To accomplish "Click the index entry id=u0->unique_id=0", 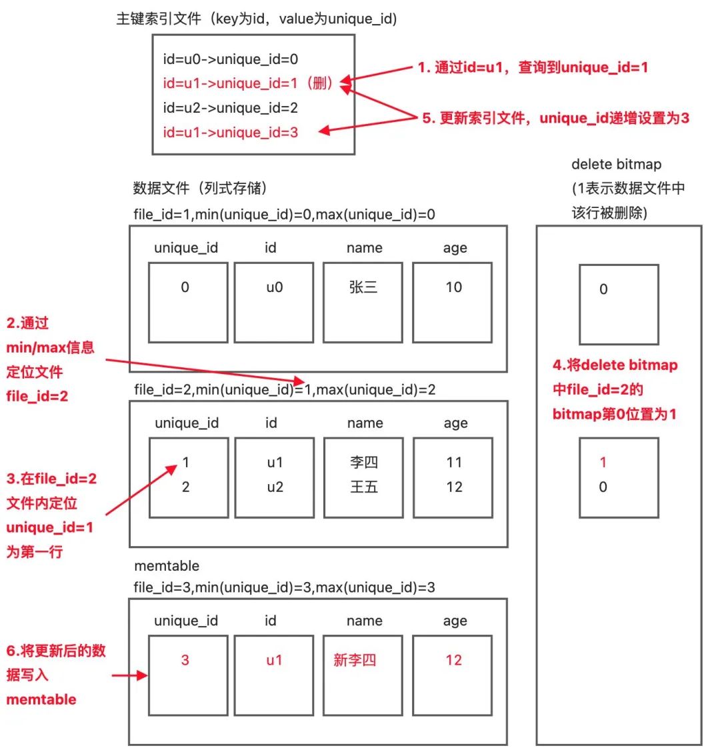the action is coord(230,59).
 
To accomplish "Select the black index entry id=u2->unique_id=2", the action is coord(230,108).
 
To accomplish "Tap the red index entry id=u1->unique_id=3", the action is coord(230,133).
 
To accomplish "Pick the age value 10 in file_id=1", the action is coord(453,287).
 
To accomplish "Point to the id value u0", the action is coord(274,287).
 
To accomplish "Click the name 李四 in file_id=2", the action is coord(363,463).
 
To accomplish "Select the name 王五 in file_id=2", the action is coord(363,487).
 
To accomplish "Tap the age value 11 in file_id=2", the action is coord(454,463).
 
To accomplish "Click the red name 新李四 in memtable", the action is coord(355,660).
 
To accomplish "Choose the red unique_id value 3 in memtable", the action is coord(185,660).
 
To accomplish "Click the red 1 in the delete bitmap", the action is coord(603,463).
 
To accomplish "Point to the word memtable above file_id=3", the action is coord(167,566).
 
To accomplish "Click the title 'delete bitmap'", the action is coord(616,165).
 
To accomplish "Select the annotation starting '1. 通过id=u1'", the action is coord(533,67).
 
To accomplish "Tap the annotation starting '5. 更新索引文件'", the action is coord(555,118).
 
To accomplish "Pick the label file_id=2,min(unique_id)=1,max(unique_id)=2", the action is coord(285,389).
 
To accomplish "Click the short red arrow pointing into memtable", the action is coord(129,675).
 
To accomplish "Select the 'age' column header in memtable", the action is coord(455,621).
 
